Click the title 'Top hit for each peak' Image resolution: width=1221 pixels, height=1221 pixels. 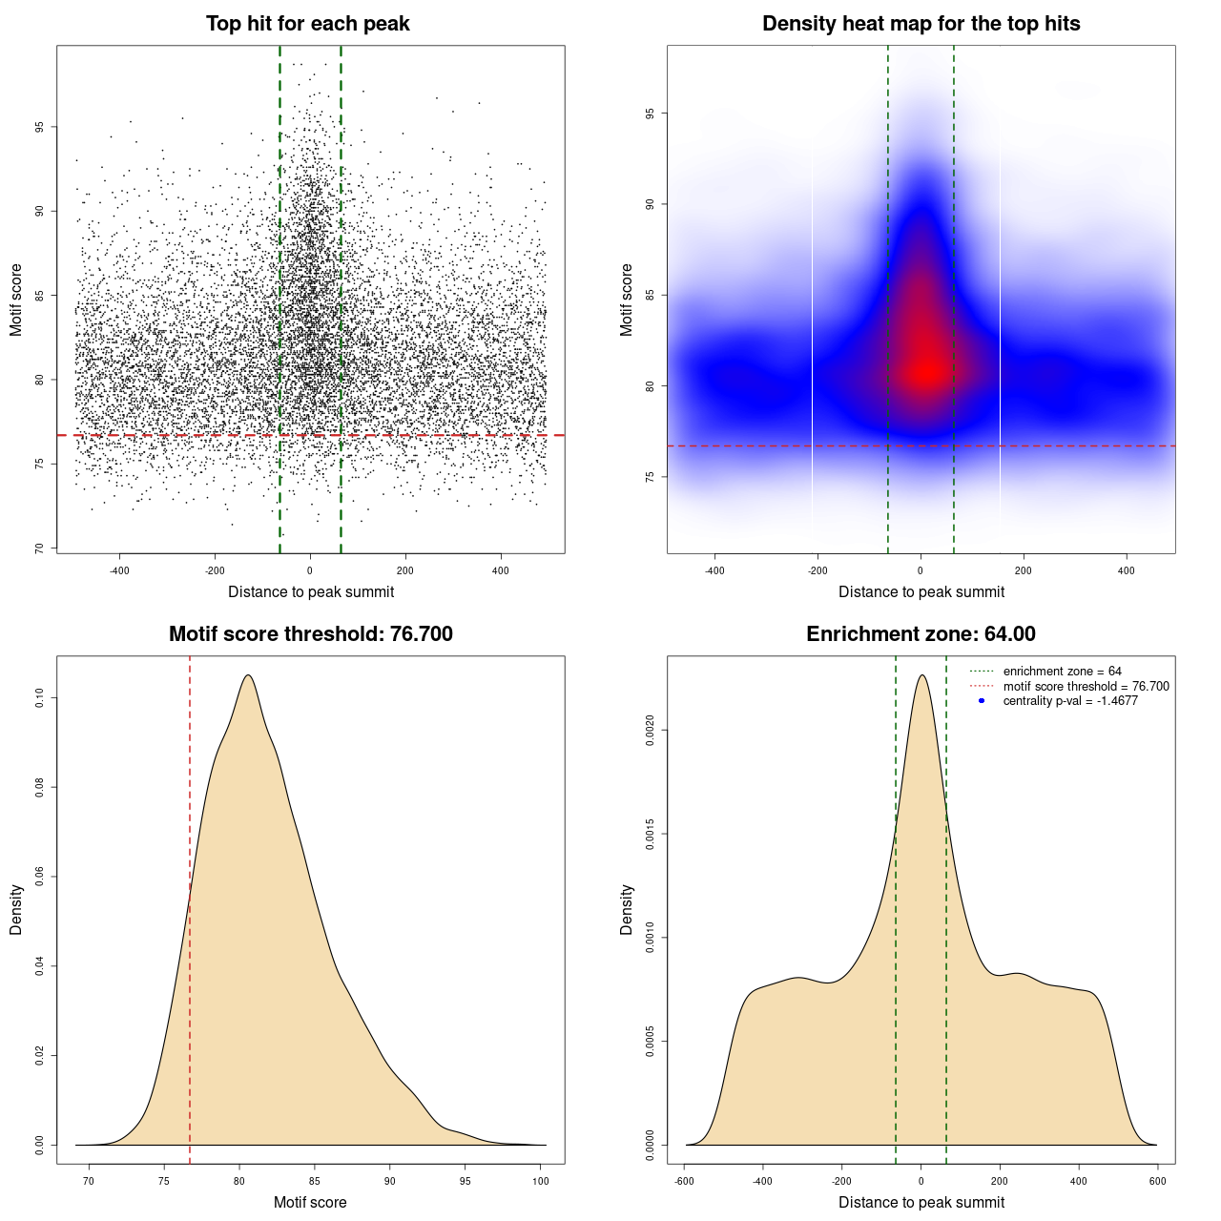point(308,24)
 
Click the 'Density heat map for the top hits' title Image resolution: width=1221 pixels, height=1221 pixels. point(921,24)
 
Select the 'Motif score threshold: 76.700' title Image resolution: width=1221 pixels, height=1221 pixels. point(310,634)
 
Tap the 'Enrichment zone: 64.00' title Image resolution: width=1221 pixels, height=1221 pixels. point(921,634)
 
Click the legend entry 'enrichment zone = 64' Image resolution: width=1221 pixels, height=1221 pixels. point(1062,672)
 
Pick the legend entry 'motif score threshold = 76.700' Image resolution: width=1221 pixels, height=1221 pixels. point(1086,686)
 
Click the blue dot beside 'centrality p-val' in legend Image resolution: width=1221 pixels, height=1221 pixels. point(982,701)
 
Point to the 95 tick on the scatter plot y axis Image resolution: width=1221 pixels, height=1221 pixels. point(39,127)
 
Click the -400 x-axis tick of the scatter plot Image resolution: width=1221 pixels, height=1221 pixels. point(119,570)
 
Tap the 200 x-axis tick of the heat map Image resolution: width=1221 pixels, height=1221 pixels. point(1024,570)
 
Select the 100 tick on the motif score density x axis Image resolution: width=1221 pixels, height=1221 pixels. point(541,1181)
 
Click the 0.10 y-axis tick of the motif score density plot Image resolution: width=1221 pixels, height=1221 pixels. point(39,698)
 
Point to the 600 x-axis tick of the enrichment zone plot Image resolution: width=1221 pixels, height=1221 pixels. point(1158,1181)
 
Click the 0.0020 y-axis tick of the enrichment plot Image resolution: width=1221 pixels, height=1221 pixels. point(650,731)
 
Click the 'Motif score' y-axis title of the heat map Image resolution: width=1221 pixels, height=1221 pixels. point(627,300)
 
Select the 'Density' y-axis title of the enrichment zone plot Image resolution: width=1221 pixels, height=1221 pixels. point(627,909)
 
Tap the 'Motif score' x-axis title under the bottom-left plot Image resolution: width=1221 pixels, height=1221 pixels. point(310,1202)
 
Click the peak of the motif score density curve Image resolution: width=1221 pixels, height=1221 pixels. point(248,675)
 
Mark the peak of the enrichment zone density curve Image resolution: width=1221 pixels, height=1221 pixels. point(921,675)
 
